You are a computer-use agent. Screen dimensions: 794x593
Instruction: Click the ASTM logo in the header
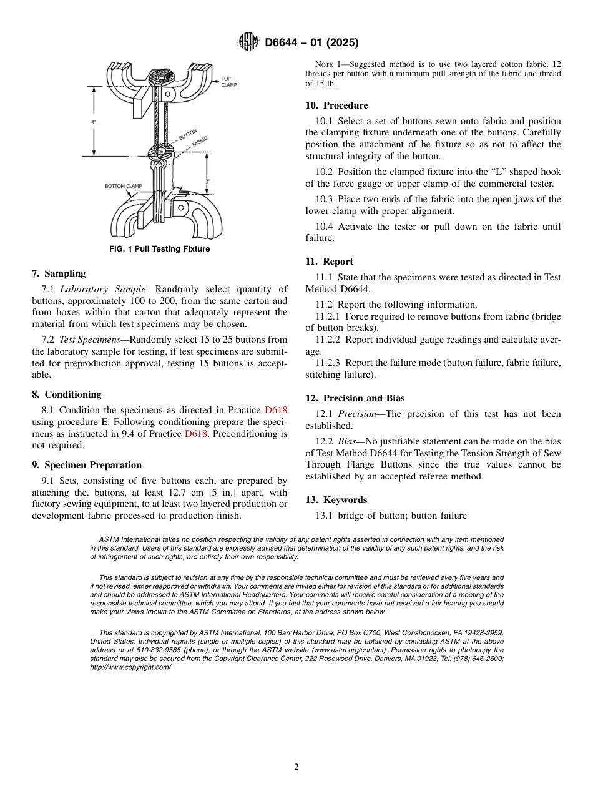click(x=248, y=42)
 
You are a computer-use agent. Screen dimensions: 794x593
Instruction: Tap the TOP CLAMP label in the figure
click(x=228, y=82)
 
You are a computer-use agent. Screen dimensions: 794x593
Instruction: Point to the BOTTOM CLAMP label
click(x=123, y=186)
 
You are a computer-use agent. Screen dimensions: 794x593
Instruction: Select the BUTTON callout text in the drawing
click(x=188, y=134)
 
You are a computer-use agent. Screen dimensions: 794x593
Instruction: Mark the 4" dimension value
click(x=94, y=122)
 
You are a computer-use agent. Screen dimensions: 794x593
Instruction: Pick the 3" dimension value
click(x=208, y=182)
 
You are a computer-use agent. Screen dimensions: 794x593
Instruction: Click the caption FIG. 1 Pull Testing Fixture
click(x=159, y=249)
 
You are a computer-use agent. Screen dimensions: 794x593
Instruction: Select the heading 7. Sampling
click(x=59, y=273)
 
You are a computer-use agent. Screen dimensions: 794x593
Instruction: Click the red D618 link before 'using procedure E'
click(x=276, y=410)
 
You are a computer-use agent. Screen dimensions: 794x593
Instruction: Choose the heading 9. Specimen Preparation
click(x=87, y=465)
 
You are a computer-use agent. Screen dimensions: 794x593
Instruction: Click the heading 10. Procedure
click(x=336, y=105)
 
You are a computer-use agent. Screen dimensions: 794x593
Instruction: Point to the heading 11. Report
click(x=329, y=262)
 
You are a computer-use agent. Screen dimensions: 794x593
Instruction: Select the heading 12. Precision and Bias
click(x=355, y=398)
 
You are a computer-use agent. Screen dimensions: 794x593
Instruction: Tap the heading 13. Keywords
click(x=336, y=500)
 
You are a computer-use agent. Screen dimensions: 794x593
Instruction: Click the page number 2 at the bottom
click(x=296, y=767)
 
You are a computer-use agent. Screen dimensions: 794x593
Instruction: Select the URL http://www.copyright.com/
click(x=130, y=667)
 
